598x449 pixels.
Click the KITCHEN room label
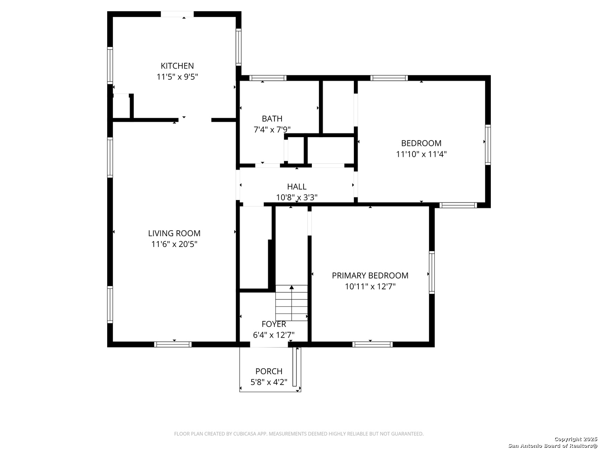(177, 66)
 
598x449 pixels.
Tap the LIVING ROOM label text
(174, 233)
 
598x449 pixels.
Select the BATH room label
(272, 119)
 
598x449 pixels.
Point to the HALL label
(297, 187)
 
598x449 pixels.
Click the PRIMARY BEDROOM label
(370, 276)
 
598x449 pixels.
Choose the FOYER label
(274, 324)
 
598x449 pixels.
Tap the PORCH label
(269, 371)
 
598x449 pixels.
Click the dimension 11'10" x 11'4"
(421, 154)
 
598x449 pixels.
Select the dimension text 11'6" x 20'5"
(174, 244)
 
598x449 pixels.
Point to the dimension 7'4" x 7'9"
(272, 129)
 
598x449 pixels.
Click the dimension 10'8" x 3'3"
(297, 197)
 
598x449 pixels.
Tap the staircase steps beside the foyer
(292, 303)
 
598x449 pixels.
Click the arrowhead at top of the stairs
(292, 287)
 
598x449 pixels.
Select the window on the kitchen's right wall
(238, 47)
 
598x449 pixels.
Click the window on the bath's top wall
(267, 78)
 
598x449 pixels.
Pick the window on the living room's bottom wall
(173, 345)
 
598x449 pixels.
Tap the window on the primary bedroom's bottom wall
(373, 345)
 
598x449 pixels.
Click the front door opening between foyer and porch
(269, 345)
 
